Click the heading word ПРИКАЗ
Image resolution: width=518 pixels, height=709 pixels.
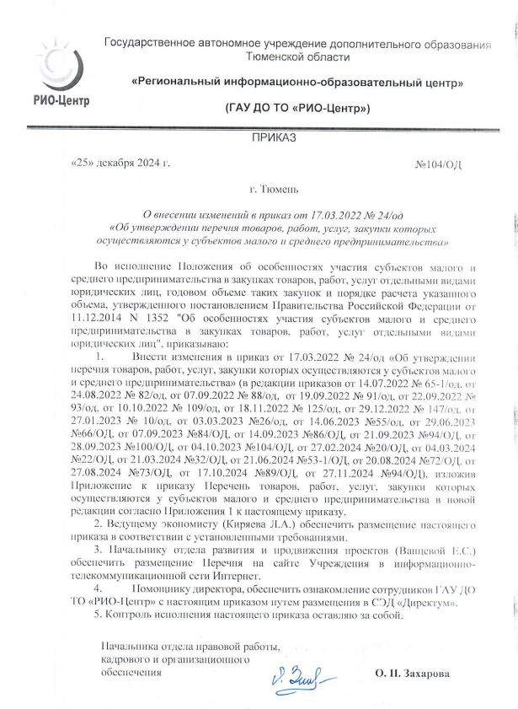tap(274, 137)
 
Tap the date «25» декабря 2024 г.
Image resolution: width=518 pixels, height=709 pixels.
tap(121, 162)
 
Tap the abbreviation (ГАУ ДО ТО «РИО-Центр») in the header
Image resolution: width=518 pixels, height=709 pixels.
tap(298, 109)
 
